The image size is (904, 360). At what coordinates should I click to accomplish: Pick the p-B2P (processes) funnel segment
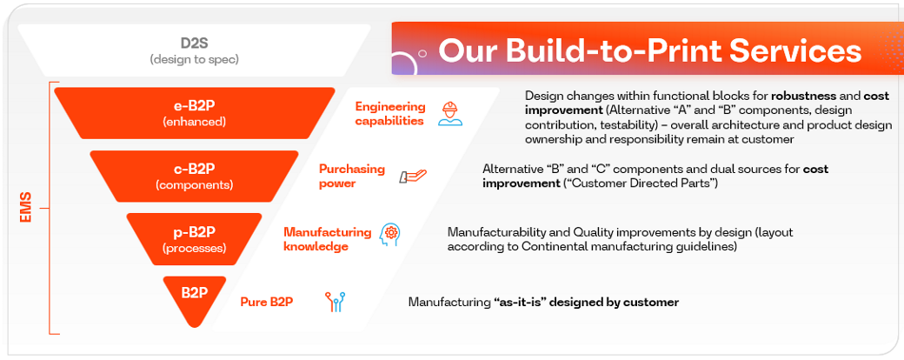[x=194, y=239]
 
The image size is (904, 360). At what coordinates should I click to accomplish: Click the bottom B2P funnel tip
[x=194, y=296]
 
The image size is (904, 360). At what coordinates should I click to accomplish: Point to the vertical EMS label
[x=26, y=209]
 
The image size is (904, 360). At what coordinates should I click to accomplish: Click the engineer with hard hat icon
[x=449, y=114]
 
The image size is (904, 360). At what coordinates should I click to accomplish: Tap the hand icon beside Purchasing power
[x=412, y=177]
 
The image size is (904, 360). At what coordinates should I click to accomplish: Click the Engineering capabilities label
[x=390, y=114]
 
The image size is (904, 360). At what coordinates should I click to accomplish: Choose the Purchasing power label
[x=351, y=177]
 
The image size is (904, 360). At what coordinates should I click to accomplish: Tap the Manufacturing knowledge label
[x=327, y=239]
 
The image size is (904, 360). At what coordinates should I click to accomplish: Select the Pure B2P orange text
[x=266, y=303]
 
